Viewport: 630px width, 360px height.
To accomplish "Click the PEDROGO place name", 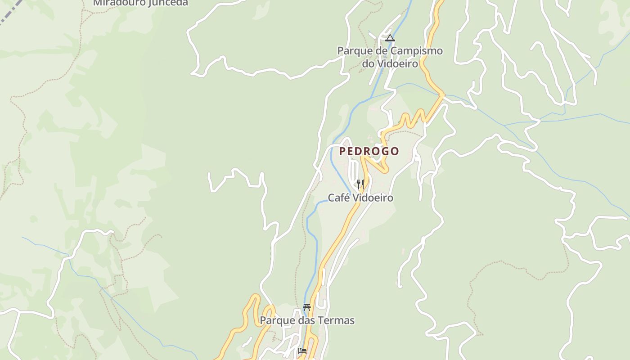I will coord(369,151).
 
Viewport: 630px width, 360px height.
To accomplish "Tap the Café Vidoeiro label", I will coord(360,198).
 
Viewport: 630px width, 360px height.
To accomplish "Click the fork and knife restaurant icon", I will coord(360,184).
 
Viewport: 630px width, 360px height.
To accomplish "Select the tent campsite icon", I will coord(390,38).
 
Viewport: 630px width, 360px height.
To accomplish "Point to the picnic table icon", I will coord(307,307).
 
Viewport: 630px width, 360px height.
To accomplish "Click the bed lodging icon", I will coord(302,351).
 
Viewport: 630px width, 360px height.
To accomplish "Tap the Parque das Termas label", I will coord(307,321).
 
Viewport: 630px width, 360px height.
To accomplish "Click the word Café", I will coord(337,198).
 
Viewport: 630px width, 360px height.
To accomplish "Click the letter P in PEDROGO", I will coord(342,151).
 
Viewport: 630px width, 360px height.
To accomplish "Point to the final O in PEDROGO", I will coord(395,151).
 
